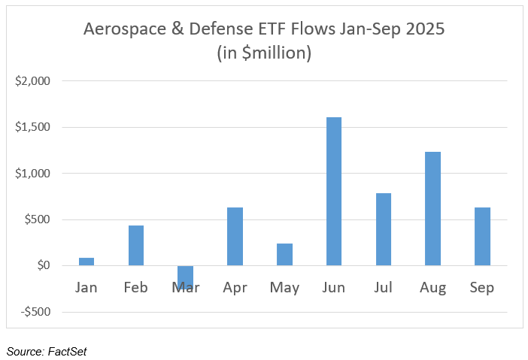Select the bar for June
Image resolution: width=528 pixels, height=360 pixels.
pos(334,191)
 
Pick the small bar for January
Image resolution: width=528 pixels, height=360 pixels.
pos(86,262)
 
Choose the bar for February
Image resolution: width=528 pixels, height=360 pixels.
pos(136,245)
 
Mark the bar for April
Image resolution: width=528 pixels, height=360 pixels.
pos(235,236)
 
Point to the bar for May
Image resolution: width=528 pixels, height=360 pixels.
pos(284,254)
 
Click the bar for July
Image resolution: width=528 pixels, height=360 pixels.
pos(383,229)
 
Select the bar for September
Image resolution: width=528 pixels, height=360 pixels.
pos(482,236)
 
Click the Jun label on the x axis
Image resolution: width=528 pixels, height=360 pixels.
pos(334,288)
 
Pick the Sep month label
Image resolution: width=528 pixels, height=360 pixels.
pos(482,288)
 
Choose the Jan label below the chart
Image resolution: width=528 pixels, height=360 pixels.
pos(86,288)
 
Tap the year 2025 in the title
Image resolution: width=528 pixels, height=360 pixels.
pos(423,32)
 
